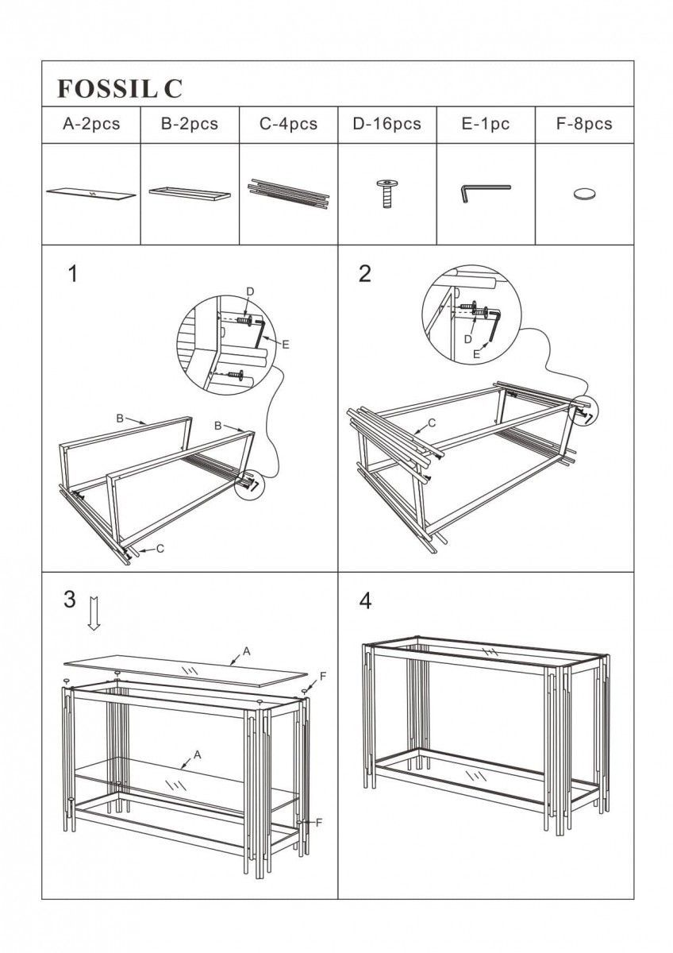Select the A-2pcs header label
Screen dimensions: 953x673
point(90,124)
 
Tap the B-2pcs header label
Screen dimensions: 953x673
point(190,124)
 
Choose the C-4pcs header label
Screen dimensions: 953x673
point(288,124)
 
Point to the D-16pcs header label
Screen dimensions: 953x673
point(387,124)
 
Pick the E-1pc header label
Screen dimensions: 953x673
point(486,124)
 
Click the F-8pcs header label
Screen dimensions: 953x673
point(585,124)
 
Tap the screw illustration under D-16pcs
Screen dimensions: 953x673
point(386,193)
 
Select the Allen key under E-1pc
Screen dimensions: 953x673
point(485,192)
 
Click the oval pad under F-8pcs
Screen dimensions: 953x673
point(585,193)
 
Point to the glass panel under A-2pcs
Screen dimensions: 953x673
point(90,193)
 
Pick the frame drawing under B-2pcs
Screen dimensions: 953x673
point(190,193)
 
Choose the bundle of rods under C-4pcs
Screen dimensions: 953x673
point(288,193)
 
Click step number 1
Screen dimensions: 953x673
point(73,274)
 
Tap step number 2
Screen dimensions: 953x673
point(364,274)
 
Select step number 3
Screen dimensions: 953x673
point(70,600)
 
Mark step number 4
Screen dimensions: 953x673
point(364,600)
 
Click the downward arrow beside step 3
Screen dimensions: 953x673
point(94,613)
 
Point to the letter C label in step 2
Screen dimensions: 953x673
point(433,423)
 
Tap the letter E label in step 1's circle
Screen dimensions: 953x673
point(286,344)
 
